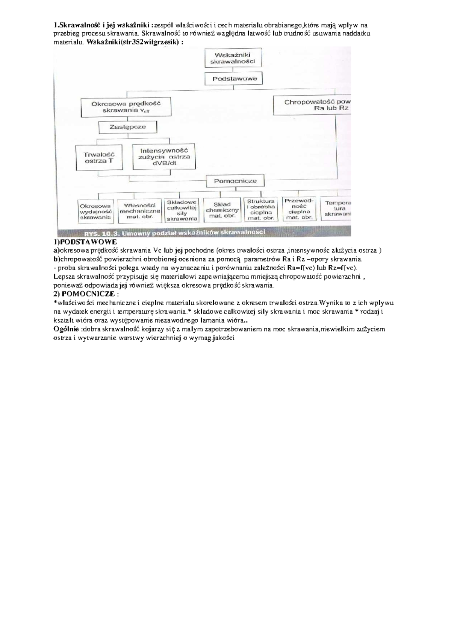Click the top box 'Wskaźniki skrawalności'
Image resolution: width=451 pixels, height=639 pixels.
point(233,58)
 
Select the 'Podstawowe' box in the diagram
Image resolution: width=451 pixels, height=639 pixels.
point(233,79)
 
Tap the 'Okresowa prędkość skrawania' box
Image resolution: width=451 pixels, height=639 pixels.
point(126,107)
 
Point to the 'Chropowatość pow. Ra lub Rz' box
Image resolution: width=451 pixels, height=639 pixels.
point(312,105)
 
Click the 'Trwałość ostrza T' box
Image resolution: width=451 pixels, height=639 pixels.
point(99,157)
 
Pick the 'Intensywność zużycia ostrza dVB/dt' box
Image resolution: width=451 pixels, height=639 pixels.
point(164,157)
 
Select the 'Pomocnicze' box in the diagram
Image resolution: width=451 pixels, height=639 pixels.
point(235,181)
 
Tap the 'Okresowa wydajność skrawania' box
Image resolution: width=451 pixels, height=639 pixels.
point(95,211)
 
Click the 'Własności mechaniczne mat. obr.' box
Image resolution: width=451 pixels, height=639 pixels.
point(140,211)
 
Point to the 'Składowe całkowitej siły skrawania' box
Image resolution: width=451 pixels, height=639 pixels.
point(182,210)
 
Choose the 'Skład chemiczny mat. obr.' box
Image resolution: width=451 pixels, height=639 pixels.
point(222,210)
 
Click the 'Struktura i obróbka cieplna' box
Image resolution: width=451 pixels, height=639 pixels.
point(261,209)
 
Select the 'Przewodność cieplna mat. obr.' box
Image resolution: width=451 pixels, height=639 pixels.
point(299,209)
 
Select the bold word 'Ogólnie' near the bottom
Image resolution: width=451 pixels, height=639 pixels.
point(66,329)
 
